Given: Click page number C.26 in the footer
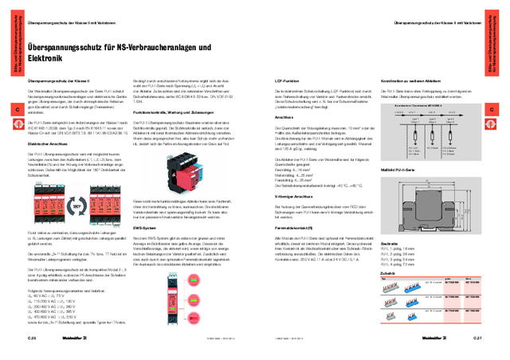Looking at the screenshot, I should coord(33,338).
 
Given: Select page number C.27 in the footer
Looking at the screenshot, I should coord(477,338).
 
